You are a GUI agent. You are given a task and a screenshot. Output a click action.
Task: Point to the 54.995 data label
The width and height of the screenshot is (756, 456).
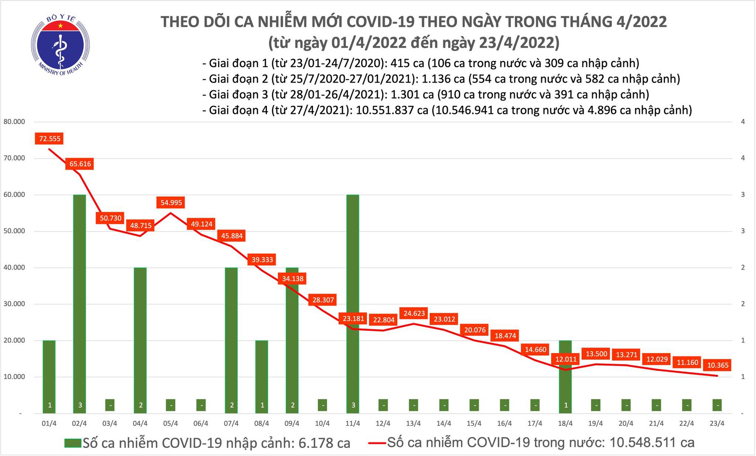click(171, 203)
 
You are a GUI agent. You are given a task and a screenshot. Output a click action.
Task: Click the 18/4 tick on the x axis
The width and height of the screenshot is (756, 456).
click(565, 424)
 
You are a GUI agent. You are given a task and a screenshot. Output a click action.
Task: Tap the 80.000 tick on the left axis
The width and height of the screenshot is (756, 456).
click(14, 122)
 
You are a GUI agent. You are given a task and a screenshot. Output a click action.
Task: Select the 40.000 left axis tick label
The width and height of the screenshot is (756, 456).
click(14, 267)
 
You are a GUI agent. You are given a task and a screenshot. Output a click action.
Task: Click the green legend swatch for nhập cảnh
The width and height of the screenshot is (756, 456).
click(73, 443)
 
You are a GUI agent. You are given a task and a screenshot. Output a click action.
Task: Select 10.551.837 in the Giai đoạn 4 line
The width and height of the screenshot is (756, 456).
click(392, 110)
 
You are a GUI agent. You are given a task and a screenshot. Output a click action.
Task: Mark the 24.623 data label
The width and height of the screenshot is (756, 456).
click(414, 313)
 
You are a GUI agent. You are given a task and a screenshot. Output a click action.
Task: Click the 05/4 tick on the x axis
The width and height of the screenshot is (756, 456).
click(170, 424)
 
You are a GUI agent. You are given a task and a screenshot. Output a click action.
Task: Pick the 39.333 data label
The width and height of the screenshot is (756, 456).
click(262, 260)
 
